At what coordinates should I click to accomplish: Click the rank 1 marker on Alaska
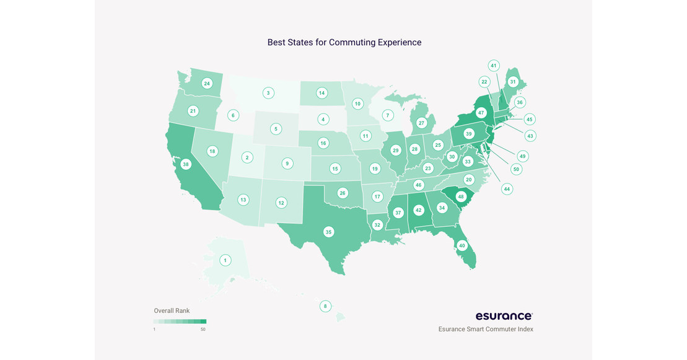(x=225, y=260)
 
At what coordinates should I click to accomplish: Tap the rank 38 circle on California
(x=186, y=165)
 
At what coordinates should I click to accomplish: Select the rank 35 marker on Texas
(x=328, y=232)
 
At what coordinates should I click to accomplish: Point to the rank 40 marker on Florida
(x=462, y=245)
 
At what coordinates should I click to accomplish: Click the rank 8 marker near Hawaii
(x=325, y=306)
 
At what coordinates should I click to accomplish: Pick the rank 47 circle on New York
(x=481, y=113)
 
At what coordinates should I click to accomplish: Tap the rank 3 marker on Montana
(x=268, y=93)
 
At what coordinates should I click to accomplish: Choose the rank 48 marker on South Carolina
(x=460, y=197)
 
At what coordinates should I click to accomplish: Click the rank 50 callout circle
(x=516, y=169)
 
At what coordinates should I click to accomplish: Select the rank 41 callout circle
(x=494, y=66)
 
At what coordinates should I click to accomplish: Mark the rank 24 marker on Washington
(x=207, y=83)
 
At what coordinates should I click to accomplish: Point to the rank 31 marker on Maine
(x=512, y=82)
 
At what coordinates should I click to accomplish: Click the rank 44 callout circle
(x=507, y=188)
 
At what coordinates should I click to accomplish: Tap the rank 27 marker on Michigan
(x=421, y=123)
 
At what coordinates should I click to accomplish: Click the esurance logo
(x=504, y=316)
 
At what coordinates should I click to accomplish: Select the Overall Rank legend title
(x=172, y=310)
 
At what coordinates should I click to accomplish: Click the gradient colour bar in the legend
(x=180, y=322)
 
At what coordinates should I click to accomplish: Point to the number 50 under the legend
(x=203, y=329)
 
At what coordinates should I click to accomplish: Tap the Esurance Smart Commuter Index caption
(x=486, y=329)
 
